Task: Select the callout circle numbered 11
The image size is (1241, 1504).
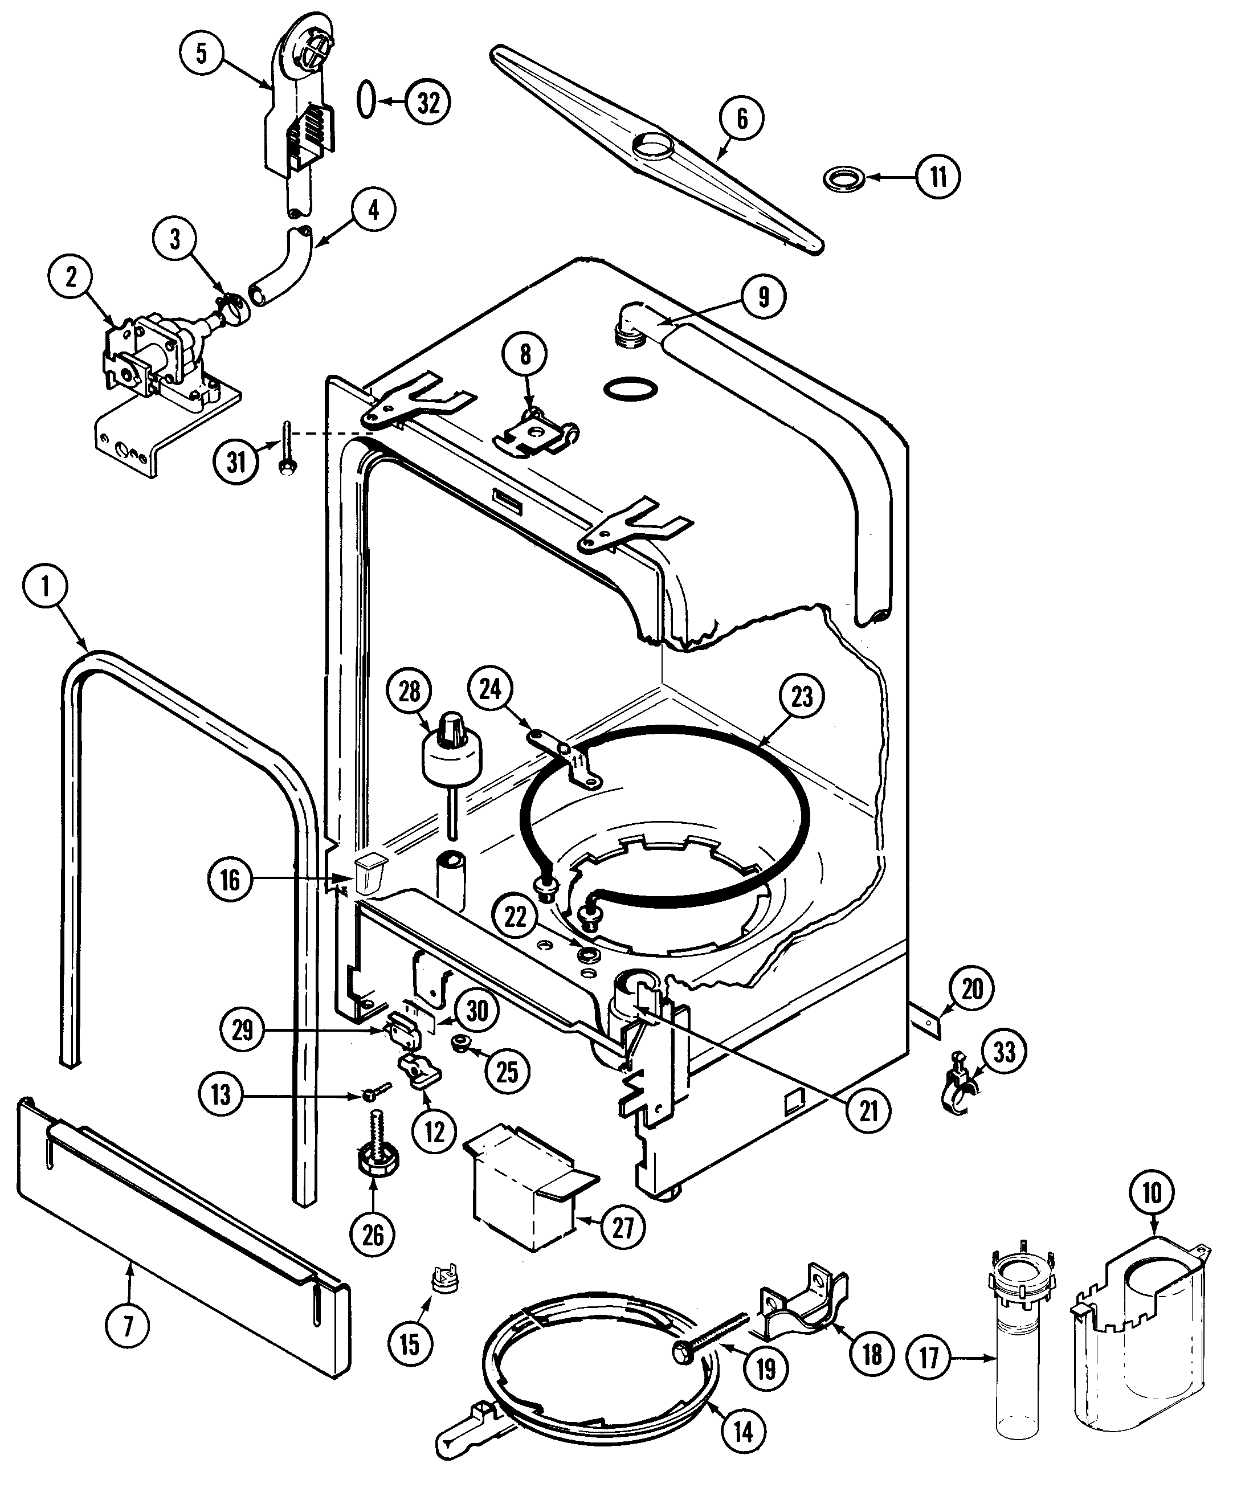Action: (x=938, y=176)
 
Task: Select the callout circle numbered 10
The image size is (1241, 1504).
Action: (x=1152, y=1192)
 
